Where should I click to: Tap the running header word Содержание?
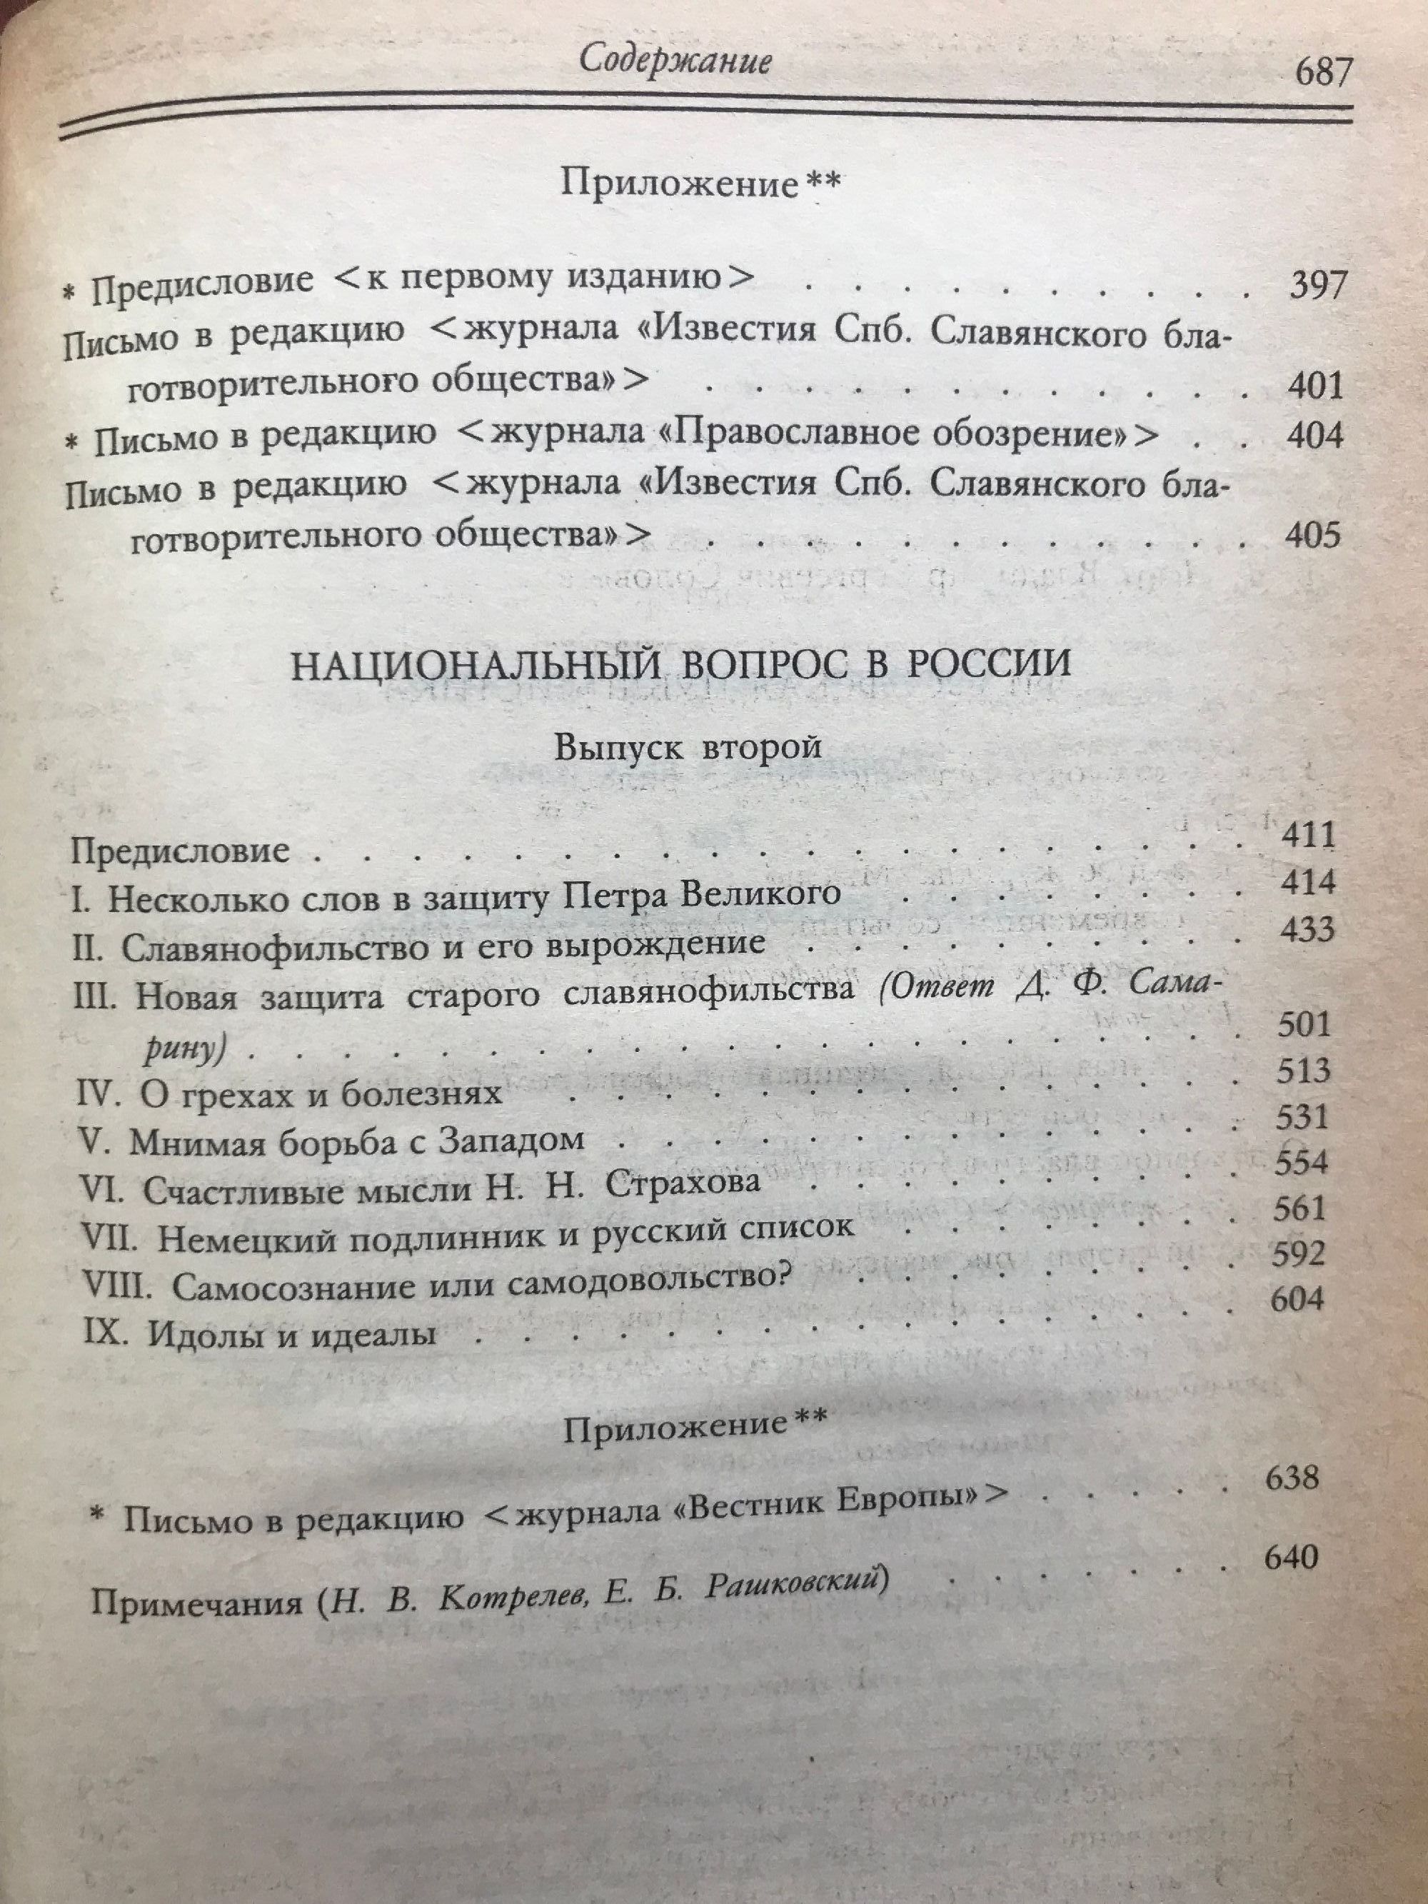point(674,62)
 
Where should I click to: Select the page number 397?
point(1315,286)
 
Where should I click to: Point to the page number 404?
point(1314,436)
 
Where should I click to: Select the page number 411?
point(1305,836)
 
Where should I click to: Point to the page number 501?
point(1302,1024)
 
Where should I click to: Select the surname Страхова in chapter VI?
point(683,1183)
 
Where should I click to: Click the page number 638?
point(1291,1479)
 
